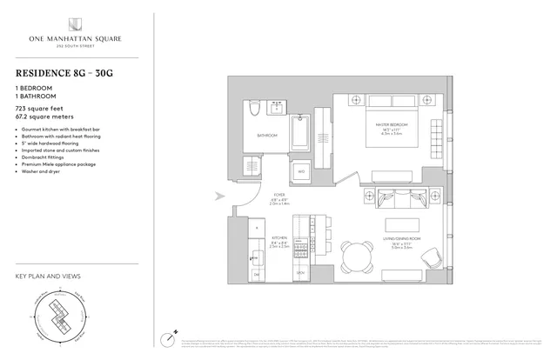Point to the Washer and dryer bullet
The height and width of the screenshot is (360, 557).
(x=43, y=172)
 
